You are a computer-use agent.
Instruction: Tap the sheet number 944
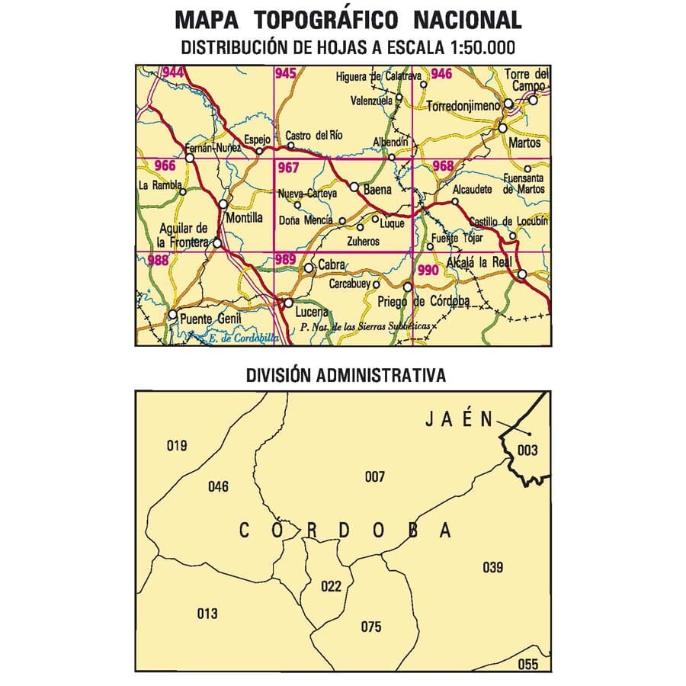point(173,73)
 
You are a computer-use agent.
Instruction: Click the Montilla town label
point(245,217)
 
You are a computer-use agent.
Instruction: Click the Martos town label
point(527,143)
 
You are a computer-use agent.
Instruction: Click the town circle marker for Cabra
point(309,268)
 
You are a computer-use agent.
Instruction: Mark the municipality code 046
point(218,486)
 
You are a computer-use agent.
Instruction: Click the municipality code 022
point(331,586)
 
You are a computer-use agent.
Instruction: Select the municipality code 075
point(371,627)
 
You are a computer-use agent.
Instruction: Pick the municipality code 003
point(527,450)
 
